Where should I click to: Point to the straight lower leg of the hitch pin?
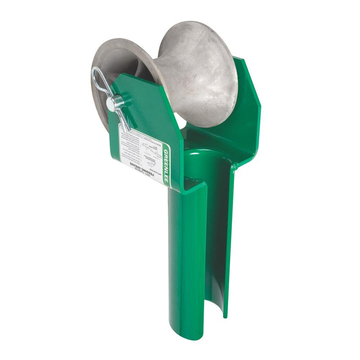[123, 120]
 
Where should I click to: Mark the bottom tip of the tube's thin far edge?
[225, 315]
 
